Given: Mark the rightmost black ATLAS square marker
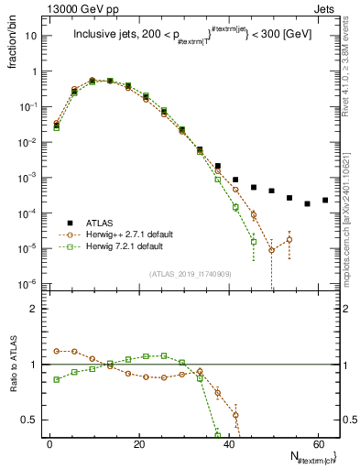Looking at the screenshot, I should coord(325,200).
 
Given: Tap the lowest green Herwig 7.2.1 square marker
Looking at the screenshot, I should coord(254,242).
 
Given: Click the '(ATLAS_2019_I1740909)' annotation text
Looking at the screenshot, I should coord(191,274).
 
